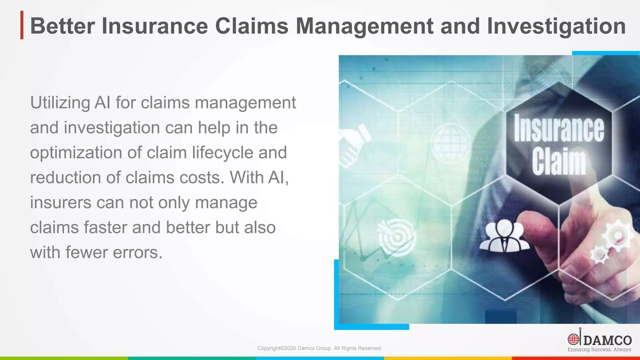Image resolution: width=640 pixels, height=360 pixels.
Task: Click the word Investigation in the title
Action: coord(556,26)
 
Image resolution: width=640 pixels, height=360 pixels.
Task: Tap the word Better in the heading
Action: coord(62,26)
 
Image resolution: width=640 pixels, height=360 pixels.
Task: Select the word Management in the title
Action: coord(364,26)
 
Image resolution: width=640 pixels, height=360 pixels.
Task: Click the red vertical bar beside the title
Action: coord(22,25)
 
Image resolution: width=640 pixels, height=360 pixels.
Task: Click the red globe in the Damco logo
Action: coord(573,339)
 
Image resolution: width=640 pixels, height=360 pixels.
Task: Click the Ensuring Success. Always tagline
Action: coord(599,350)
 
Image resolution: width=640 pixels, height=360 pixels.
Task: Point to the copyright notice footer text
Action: coord(320,348)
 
